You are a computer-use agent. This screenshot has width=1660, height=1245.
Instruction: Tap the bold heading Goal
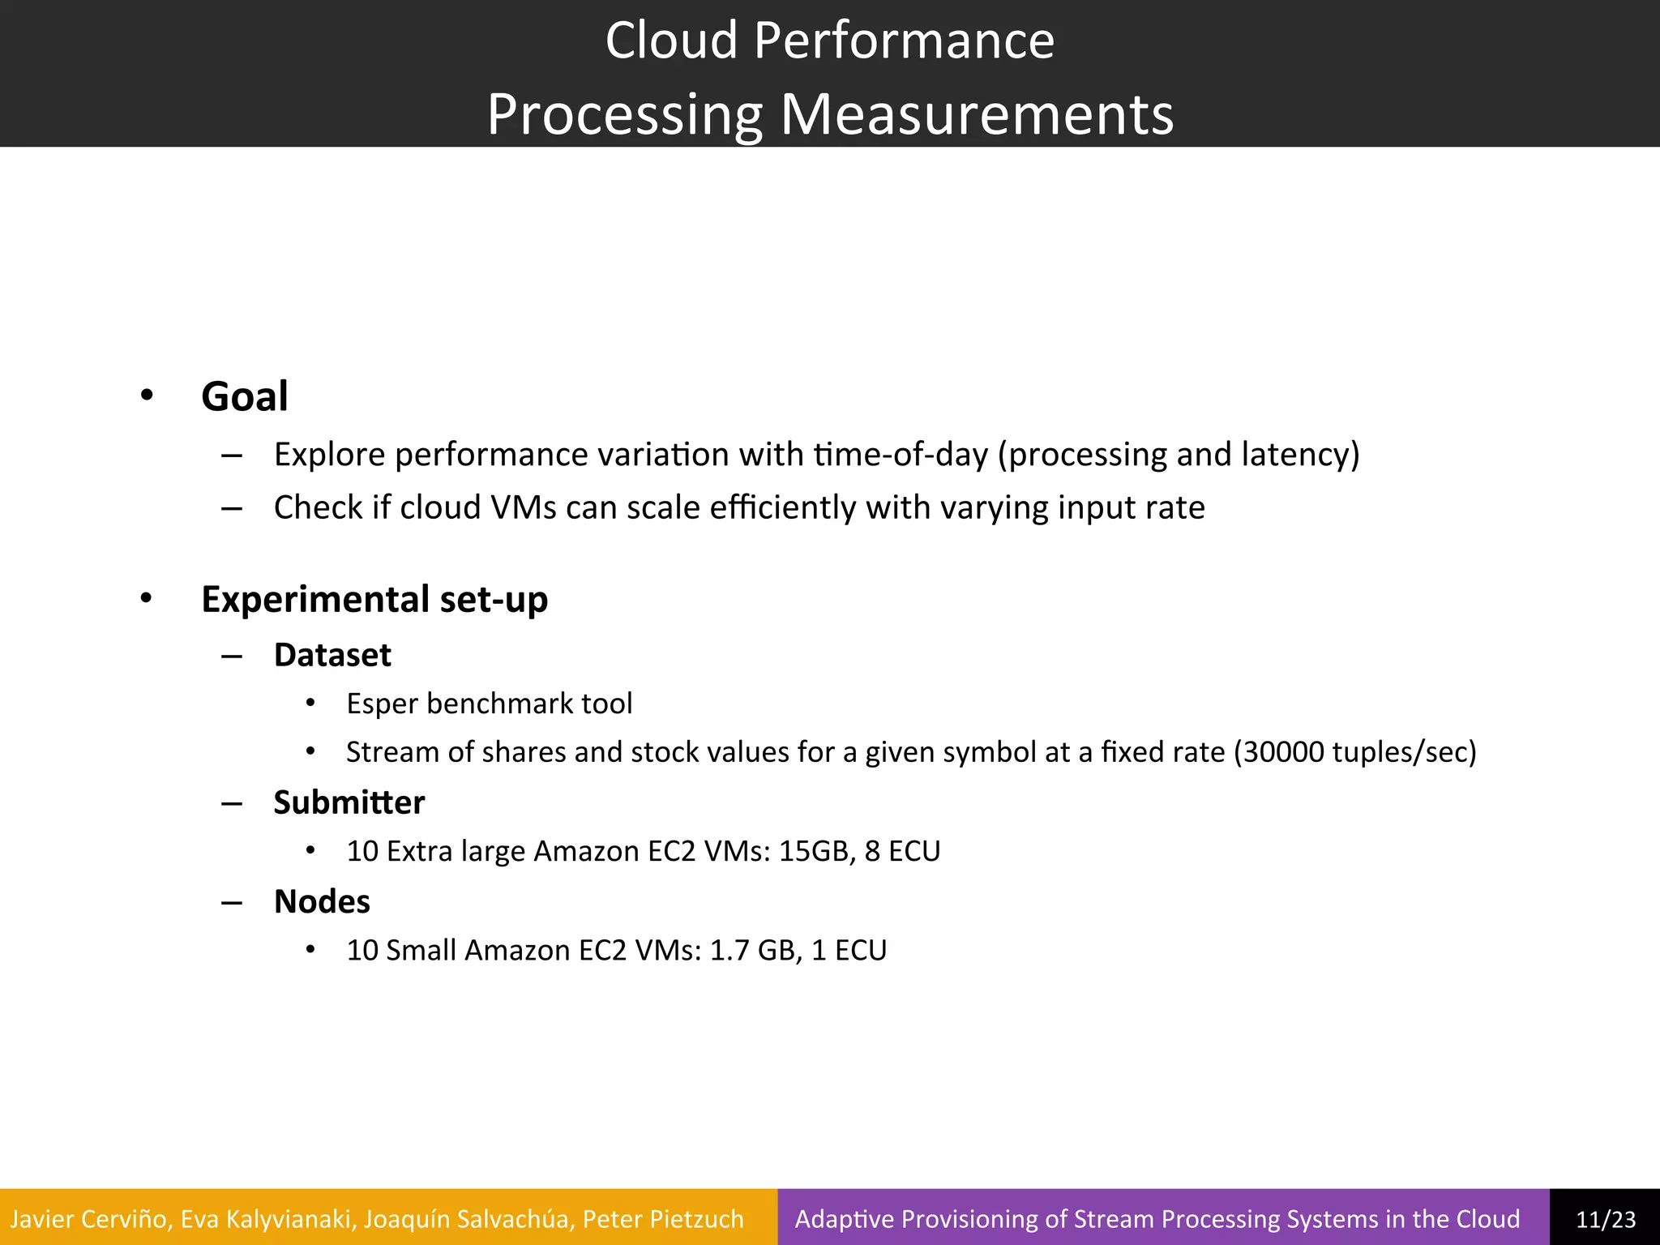244,396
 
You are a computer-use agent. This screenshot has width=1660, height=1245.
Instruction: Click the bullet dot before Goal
146,396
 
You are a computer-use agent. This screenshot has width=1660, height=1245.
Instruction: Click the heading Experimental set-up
374,600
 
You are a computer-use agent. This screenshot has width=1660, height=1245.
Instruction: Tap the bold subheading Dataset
332,655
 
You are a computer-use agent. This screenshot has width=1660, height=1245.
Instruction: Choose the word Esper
382,704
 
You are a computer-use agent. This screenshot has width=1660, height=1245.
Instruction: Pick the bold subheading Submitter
349,802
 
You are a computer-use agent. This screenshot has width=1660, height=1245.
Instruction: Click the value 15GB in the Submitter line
817,851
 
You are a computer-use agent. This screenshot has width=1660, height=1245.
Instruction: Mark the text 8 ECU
902,851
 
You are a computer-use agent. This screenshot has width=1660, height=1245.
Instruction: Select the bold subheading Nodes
322,901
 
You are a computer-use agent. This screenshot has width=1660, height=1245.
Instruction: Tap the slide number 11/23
1605,1219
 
